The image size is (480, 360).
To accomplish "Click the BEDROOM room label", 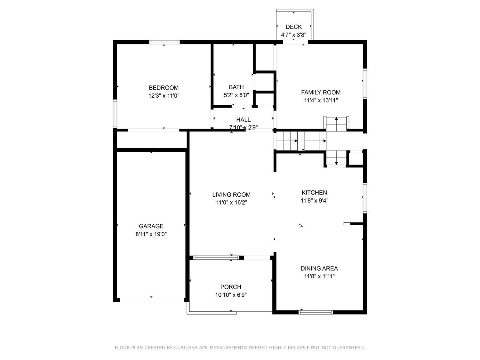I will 164,88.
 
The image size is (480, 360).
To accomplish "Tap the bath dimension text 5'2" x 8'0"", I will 236,95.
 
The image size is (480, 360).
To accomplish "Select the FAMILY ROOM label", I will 321,92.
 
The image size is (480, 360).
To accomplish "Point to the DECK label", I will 293,27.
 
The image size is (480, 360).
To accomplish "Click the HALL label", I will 243,120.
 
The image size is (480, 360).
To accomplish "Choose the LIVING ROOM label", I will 231,195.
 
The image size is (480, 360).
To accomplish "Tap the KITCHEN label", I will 314,193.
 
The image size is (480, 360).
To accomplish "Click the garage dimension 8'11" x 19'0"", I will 151,234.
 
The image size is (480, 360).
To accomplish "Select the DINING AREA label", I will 319,268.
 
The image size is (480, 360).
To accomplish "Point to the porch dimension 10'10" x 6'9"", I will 231,295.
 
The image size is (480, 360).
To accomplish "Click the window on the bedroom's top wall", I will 164,42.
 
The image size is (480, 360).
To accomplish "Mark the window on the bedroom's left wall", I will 115,114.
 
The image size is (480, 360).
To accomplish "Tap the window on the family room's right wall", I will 365,83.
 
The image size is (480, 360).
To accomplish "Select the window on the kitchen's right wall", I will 365,197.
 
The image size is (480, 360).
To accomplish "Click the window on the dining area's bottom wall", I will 316,312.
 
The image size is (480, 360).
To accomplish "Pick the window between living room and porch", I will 216,258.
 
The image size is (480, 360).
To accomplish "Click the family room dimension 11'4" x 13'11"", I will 321,100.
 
